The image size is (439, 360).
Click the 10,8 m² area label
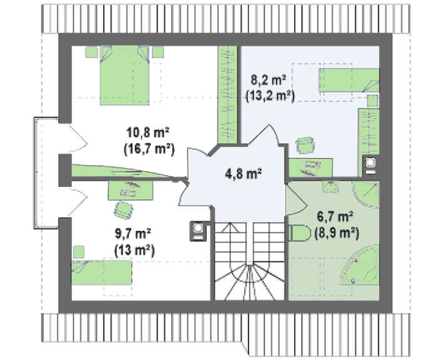149,132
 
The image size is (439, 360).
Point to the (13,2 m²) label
270,96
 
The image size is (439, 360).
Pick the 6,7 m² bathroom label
334,216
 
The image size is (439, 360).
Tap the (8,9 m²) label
337,233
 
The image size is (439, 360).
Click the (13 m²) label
134,250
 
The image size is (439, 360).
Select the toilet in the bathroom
300,233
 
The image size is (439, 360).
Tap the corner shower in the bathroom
366,195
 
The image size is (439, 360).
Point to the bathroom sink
331,187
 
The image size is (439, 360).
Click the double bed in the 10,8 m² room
124,75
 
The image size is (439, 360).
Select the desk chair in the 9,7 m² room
124,210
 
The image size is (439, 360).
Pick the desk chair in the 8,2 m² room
304,145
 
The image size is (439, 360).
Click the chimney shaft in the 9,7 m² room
198,231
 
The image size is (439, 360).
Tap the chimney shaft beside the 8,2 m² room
371,165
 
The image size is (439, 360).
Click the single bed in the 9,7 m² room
102,273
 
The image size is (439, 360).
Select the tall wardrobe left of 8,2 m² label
228,95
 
